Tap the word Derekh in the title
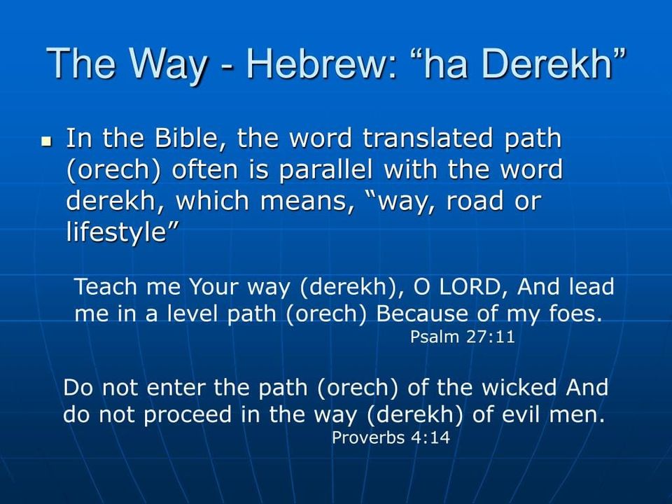554,64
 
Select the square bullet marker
47,141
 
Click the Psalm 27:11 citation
463,337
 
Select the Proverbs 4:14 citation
391,438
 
